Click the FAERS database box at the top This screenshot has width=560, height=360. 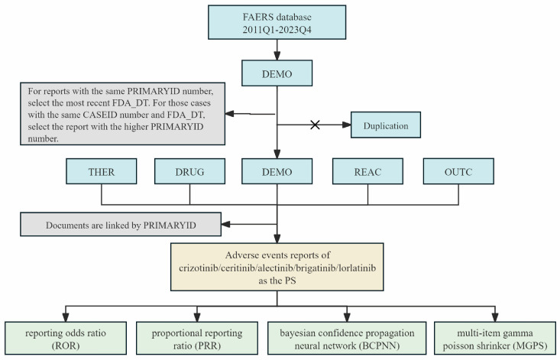click(277, 22)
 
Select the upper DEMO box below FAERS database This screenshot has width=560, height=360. click(277, 73)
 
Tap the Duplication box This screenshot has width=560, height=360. click(386, 125)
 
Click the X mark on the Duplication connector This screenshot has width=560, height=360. click(315, 125)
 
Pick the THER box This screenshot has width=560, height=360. click(102, 171)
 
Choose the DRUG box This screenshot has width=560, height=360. click(189, 171)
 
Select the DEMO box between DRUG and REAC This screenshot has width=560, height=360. click(277, 171)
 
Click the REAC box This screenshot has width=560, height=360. click(367, 171)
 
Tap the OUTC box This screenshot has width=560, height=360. click(458, 171)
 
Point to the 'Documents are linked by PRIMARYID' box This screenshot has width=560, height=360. click(121, 225)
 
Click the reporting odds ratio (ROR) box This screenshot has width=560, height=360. click(66, 338)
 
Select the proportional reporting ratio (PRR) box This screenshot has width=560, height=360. click(197, 338)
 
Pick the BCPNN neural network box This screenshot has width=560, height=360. click(347, 338)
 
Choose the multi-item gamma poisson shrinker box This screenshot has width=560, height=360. click(495, 338)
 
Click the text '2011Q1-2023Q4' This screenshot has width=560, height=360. click(277, 29)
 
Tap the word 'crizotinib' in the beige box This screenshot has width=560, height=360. click(198, 268)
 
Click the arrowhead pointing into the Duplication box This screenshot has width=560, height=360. click(346, 125)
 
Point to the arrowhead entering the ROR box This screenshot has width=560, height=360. click(66, 317)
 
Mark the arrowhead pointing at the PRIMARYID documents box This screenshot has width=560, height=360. click(225, 224)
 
